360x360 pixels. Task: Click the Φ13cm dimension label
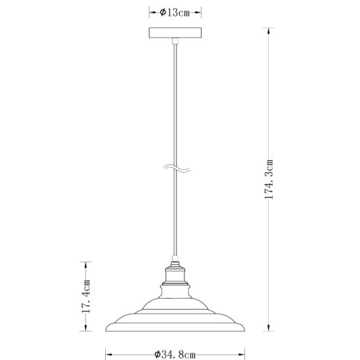pos(175,12)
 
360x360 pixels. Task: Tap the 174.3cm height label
pos(269,179)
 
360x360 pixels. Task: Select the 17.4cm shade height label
pos(86,296)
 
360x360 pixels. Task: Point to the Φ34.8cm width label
pos(175,355)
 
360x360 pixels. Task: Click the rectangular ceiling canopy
pos(175,33)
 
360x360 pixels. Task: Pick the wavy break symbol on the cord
pos(177,168)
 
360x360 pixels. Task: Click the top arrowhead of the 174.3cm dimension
pos(269,32)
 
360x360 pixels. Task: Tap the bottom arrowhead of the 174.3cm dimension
pos(269,327)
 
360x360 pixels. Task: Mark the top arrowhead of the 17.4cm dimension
pos(85,265)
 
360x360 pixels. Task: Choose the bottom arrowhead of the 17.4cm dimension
pos(85,327)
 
